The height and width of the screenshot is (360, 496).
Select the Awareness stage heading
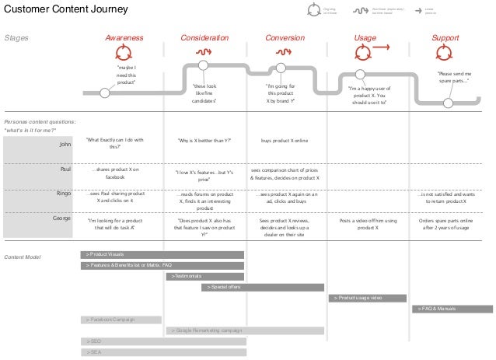click(124, 37)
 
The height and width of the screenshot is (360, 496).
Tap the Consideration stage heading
click(204, 37)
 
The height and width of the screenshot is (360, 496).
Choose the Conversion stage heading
click(285, 37)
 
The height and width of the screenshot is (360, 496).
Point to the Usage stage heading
click(365, 37)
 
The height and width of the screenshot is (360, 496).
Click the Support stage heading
click(445, 37)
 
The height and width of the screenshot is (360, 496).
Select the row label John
click(66, 144)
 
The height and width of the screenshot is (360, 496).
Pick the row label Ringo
click(65, 194)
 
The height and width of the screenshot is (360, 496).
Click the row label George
click(63, 219)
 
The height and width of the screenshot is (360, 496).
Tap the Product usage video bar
click(367, 298)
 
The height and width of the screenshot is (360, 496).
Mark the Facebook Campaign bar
click(121, 320)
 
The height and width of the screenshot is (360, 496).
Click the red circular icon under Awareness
click(124, 53)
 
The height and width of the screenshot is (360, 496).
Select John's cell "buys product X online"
click(285, 141)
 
